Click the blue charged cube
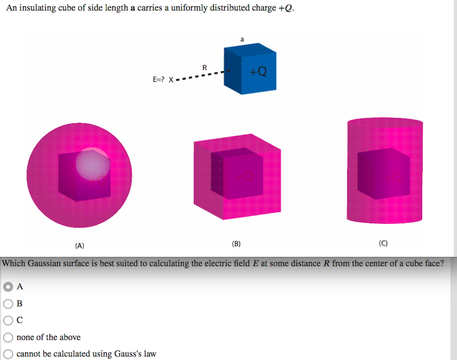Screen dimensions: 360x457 tap(250, 70)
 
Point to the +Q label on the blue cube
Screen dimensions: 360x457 tap(258, 71)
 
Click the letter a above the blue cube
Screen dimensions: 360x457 tap(242, 39)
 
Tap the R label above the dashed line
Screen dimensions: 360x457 tap(204, 67)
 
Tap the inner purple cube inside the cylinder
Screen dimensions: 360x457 tap(382, 172)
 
